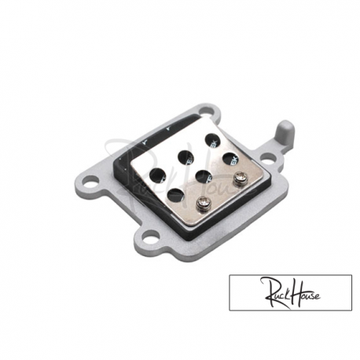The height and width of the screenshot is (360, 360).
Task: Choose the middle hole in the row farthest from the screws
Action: click(187, 154)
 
